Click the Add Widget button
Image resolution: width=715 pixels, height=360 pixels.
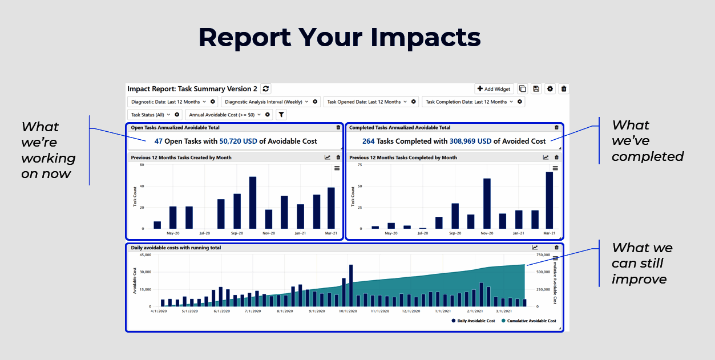coord(494,89)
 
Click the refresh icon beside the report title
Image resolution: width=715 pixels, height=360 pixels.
coord(266,89)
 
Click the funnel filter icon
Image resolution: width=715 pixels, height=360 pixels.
coord(281,115)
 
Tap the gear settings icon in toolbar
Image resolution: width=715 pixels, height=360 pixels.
coord(550,89)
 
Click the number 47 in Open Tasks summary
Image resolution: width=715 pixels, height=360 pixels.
coord(159,141)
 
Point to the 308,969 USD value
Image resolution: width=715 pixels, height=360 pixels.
coord(470,141)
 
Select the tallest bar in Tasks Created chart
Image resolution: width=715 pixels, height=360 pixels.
coord(253,203)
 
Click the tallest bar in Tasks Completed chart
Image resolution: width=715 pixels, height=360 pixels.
coord(550,200)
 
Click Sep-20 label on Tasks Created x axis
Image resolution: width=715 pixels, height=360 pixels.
coord(237,233)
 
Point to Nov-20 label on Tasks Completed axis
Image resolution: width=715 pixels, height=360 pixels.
coord(487,233)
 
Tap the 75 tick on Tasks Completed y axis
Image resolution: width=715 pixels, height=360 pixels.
coord(359,164)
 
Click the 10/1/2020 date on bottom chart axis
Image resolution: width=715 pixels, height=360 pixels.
coord(348,312)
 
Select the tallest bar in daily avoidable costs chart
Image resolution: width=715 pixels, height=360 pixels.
coord(351,285)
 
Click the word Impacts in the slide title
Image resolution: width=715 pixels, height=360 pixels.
coord(425,38)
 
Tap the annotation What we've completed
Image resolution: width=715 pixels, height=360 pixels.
coord(647,140)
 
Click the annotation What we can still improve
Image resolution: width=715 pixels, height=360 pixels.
coord(641,264)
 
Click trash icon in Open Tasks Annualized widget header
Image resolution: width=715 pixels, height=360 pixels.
coord(338,128)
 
